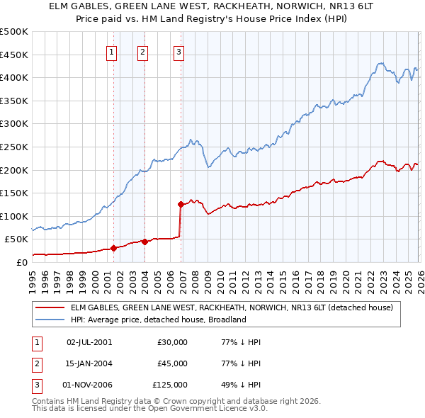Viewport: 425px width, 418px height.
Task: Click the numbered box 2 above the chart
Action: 142,51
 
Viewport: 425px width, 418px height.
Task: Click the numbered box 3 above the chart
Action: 178,51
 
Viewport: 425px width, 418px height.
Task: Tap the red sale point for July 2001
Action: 113,248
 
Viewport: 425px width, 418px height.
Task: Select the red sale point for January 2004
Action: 144,242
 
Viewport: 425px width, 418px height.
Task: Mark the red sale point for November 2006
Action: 181,205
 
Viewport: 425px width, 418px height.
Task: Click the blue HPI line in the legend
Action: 50,320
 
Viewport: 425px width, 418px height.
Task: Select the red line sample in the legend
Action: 50,307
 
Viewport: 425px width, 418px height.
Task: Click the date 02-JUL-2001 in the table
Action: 89,342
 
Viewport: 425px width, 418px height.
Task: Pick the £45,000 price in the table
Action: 173,363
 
